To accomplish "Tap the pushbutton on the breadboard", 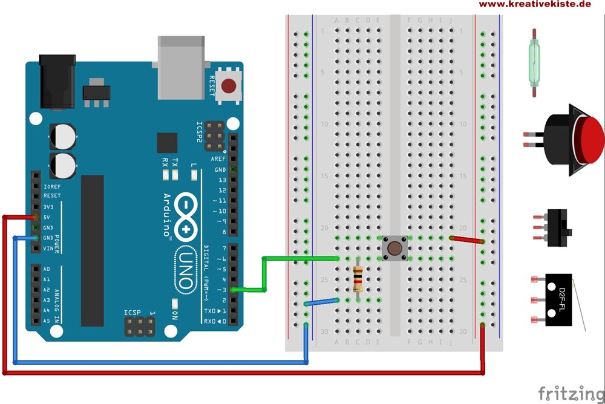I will (x=394, y=248).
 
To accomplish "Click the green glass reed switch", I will (x=533, y=62).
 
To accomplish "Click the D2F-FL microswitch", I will (x=558, y=300).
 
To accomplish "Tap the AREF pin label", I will (x=218, y=158).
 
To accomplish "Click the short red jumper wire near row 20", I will (x=467, y=240).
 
